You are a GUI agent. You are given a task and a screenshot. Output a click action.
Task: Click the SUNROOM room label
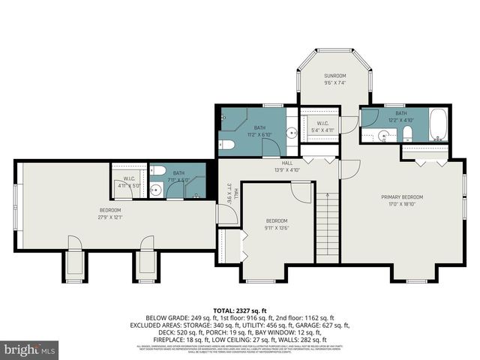pyautogui.click(x=334, y=76)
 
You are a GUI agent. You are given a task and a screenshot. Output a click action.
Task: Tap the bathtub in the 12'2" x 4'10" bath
pyautogui.click(x=439, y=125)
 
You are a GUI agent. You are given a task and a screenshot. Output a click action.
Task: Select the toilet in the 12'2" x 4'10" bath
pyautogui.click(x=407, y=133)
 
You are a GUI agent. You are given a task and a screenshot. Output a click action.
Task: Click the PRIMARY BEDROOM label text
pyautogui.click(x=402, y=197)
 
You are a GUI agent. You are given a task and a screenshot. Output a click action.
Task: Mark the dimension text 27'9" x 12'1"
pyautogui.click(x=110, y=217)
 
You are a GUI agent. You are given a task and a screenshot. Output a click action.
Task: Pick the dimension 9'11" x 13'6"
pyautogui.click(x=276, y=227)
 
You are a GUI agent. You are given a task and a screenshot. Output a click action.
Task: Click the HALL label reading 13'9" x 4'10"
pyautogui.click(x=286, y=166)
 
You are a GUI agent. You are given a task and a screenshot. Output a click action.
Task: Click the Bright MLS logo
pyautogui.click(x=31, y=349)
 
